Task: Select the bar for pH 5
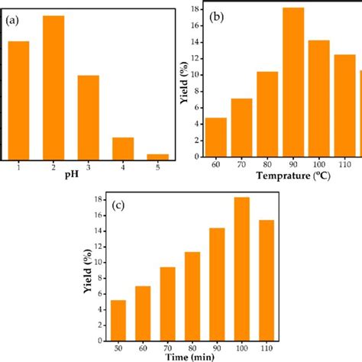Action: (157, 157)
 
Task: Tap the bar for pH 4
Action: (123, 148)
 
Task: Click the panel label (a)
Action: (14, 21)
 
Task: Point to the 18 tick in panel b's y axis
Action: (196, 9)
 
